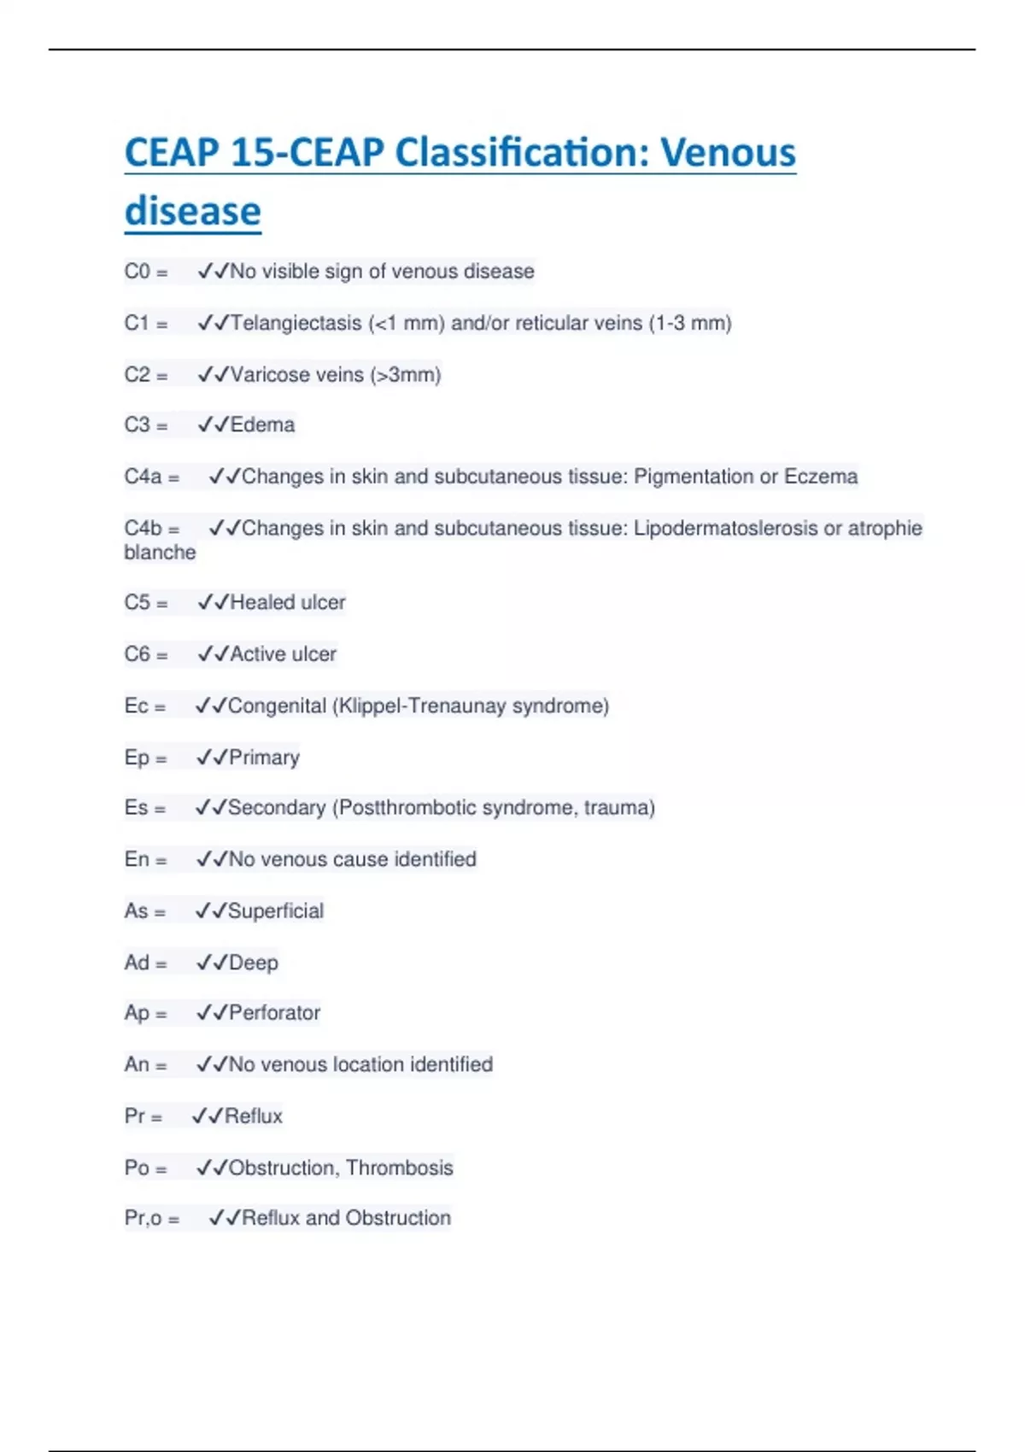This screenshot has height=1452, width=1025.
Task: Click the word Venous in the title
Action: [x=728, y=153]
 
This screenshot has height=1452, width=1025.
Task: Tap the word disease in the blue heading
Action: [x=193, y=211]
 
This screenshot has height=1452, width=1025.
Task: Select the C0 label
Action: [x=137, y=272]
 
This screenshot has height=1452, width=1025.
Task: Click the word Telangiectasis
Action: [x=296, y=323]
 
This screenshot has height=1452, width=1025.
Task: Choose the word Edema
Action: [x=262, y=424]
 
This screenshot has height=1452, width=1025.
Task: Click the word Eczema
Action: [x=821, y=476]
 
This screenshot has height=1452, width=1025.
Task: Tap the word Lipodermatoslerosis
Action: [x=725, y=528]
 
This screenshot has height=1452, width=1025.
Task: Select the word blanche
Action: [x=160, y=553]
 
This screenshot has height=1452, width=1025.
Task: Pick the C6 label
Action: [x=137, y=654]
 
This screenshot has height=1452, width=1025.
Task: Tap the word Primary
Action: [x=264, y=758]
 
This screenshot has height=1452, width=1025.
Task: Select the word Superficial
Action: [x=276, y=910]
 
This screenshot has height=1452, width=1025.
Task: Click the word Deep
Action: [x=254, y=963]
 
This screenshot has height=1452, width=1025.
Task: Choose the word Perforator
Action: [x=274, y=1012]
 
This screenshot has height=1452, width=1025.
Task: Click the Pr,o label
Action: [x=143, y=1218]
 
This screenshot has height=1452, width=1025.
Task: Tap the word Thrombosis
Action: [x=400, y=1168]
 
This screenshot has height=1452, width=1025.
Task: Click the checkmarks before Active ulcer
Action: [x=212, y=654]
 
